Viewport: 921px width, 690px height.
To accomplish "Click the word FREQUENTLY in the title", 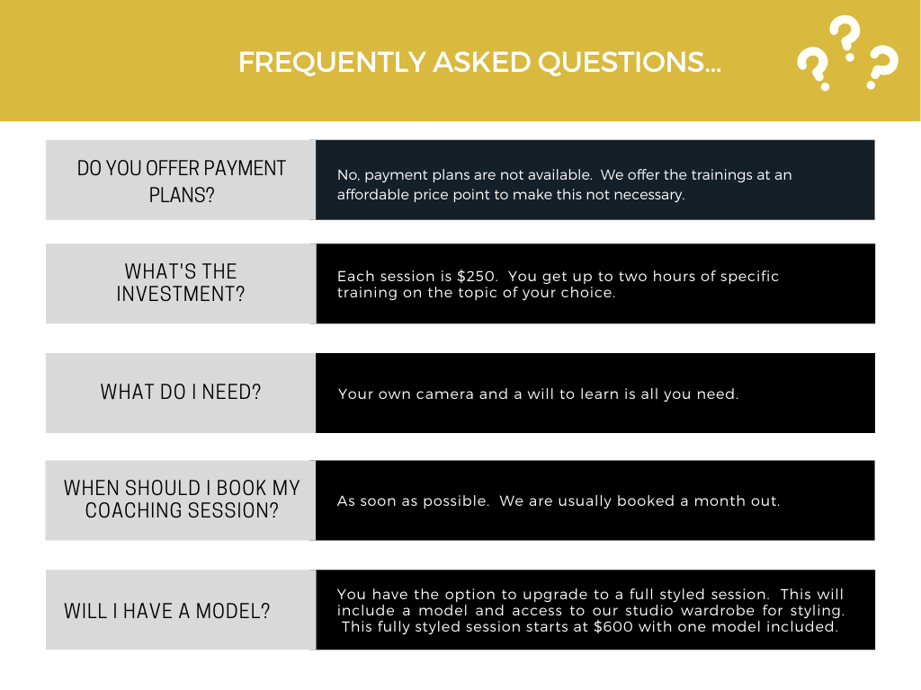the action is tap(332, 62).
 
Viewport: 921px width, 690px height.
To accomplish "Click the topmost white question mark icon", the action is tap(845, 38).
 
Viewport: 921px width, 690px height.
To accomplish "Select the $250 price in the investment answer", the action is tap(476, 277).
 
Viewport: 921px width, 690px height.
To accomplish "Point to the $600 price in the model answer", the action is tap(613, 626).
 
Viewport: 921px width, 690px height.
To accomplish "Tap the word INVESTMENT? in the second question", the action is tap(181, 294).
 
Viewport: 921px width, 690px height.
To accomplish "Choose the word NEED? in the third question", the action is tap(231, 392).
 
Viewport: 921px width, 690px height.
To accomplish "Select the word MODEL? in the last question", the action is tap(233, 611).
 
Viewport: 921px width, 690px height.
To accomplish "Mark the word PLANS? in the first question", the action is tap(182, 195).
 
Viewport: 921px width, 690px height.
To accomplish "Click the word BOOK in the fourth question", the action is tap(241, 488).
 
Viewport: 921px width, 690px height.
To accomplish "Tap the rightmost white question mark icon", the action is tap(882, 66).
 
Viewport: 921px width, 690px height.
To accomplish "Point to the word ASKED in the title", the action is tap(482, 62).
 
